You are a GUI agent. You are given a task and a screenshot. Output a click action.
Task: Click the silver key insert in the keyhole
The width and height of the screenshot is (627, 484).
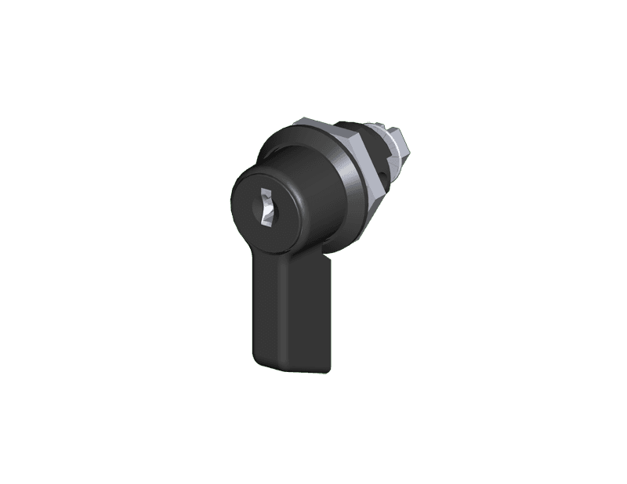[267, 211]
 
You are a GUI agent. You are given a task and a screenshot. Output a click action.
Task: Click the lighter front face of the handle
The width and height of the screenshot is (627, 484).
[283, 313]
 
